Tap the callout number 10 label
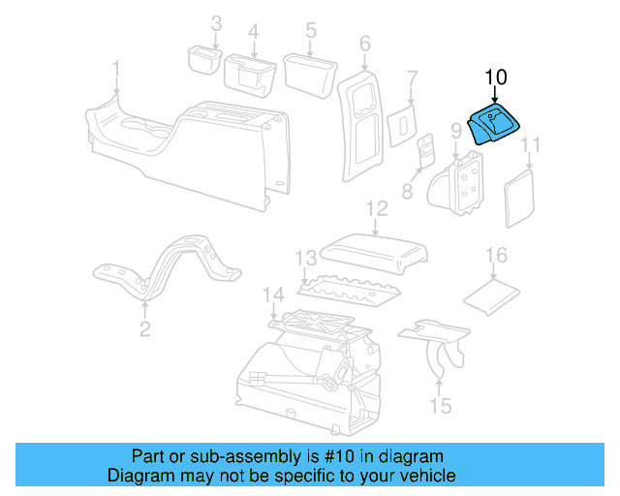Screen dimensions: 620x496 click(x=495, y=77)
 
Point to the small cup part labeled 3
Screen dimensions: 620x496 click(x=204, y=59)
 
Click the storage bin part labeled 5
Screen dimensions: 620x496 click(x=310, y=76)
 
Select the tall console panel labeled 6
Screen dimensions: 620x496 click(x=361, y=126)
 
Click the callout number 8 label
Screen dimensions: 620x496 click(x=407, y=192)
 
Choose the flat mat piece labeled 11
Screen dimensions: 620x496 click(x=519, y=199)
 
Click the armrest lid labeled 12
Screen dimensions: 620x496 click(x=374, y=253)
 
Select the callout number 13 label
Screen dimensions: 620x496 click(x=306, y=259)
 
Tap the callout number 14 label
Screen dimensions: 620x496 click(x=273, y=295)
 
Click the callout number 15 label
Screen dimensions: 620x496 click(x=441, y=406)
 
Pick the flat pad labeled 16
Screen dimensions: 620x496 click(x=491, y=297)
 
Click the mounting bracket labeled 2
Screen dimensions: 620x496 click(x=166, y=267)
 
